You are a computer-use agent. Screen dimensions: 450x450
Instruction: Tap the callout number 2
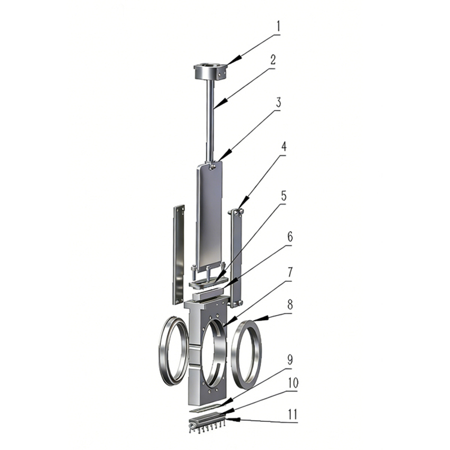272,60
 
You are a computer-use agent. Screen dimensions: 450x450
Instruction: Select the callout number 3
278,103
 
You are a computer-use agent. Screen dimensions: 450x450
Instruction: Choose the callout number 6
290,237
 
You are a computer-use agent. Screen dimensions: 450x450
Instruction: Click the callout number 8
290,304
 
